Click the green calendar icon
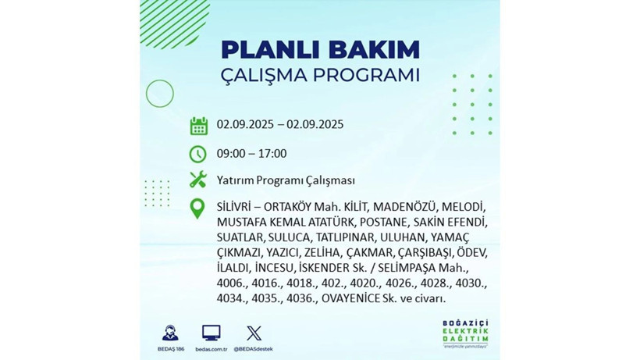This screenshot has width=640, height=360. pyautogui.click(x=198, y=126)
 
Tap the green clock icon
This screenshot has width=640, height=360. pyautogui.click(x=198, y=154)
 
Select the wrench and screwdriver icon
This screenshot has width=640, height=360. pyautogui.click(x=198, y=180)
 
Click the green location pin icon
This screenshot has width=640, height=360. pyautogui.click(x=198, y=209)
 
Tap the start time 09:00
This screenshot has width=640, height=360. pyautogui.click(x=232, y=153)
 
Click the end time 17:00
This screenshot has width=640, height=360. pyautogui.click(x=272, y=153)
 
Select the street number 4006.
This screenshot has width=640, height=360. pyautogui.click(x=233, y=284)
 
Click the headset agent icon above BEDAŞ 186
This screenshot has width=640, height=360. pyautogui.click(x=169, y=332)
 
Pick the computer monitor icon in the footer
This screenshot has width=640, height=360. pyautogui.click(x=211, y=333)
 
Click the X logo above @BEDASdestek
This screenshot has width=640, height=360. pyautogui.click(x=254, y=333)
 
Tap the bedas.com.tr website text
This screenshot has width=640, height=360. pyautogui.click(x=211, y=348)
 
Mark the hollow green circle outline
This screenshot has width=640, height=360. pyautogui.click(x=159, y=94)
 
